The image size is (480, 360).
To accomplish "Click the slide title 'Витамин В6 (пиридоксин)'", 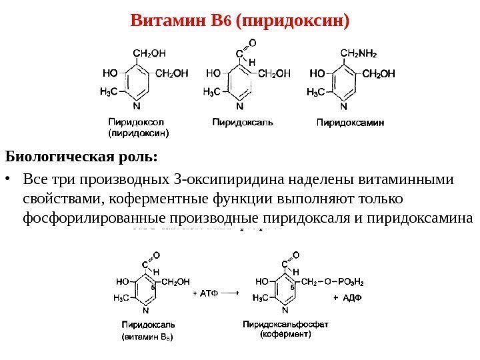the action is tap(239, 21).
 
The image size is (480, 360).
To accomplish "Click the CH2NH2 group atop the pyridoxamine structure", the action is tap(358, 51).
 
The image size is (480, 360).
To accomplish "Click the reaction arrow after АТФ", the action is tap(231, 291).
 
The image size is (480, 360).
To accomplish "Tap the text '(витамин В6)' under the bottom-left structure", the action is tap(146, 337).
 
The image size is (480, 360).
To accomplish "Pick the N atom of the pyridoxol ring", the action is tap(137, 105).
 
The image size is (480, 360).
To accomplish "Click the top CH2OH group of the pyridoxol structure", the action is tap(150, 51).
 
